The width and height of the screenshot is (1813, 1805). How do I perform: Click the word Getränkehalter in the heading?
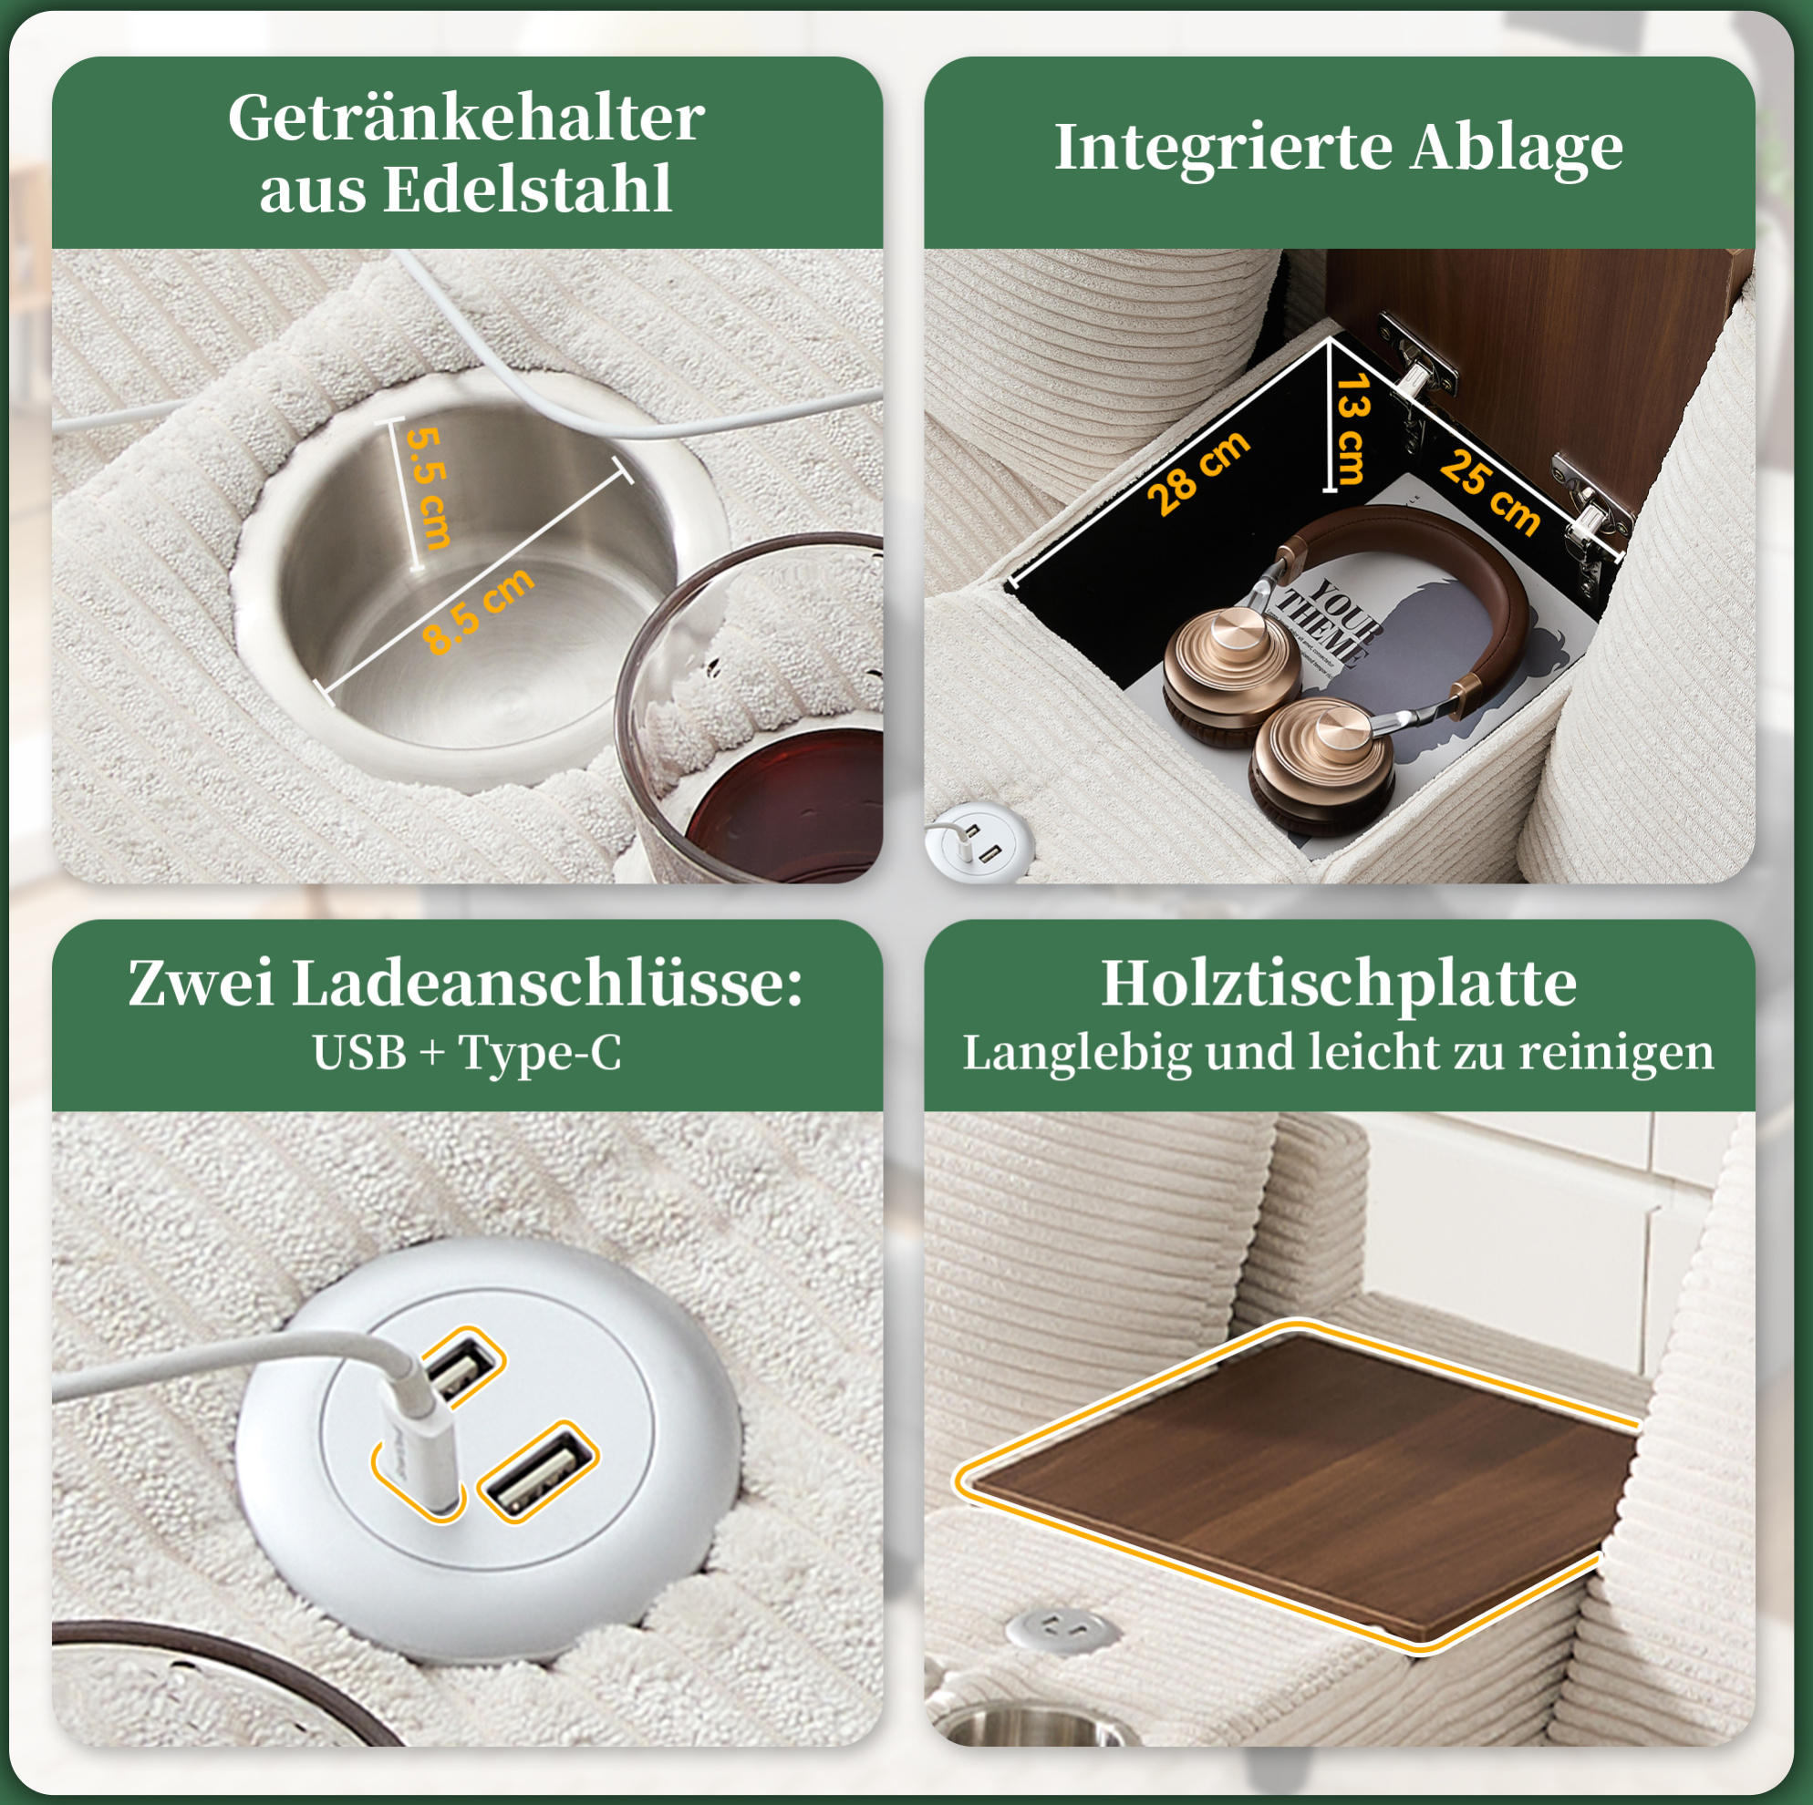(x=465, y=119)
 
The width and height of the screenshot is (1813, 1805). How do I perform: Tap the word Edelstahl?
(x=527, y=190)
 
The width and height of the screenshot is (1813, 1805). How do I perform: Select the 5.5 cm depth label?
(x=429, y=487)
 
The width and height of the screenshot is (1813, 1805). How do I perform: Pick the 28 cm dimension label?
(x=1198, y=474)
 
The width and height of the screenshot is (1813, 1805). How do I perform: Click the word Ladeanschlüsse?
(x=547, y=985)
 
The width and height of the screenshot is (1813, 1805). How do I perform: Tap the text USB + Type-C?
(x=466, y=1053)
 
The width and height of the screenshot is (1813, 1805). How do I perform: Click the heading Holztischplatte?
(x=1338, y=985)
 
